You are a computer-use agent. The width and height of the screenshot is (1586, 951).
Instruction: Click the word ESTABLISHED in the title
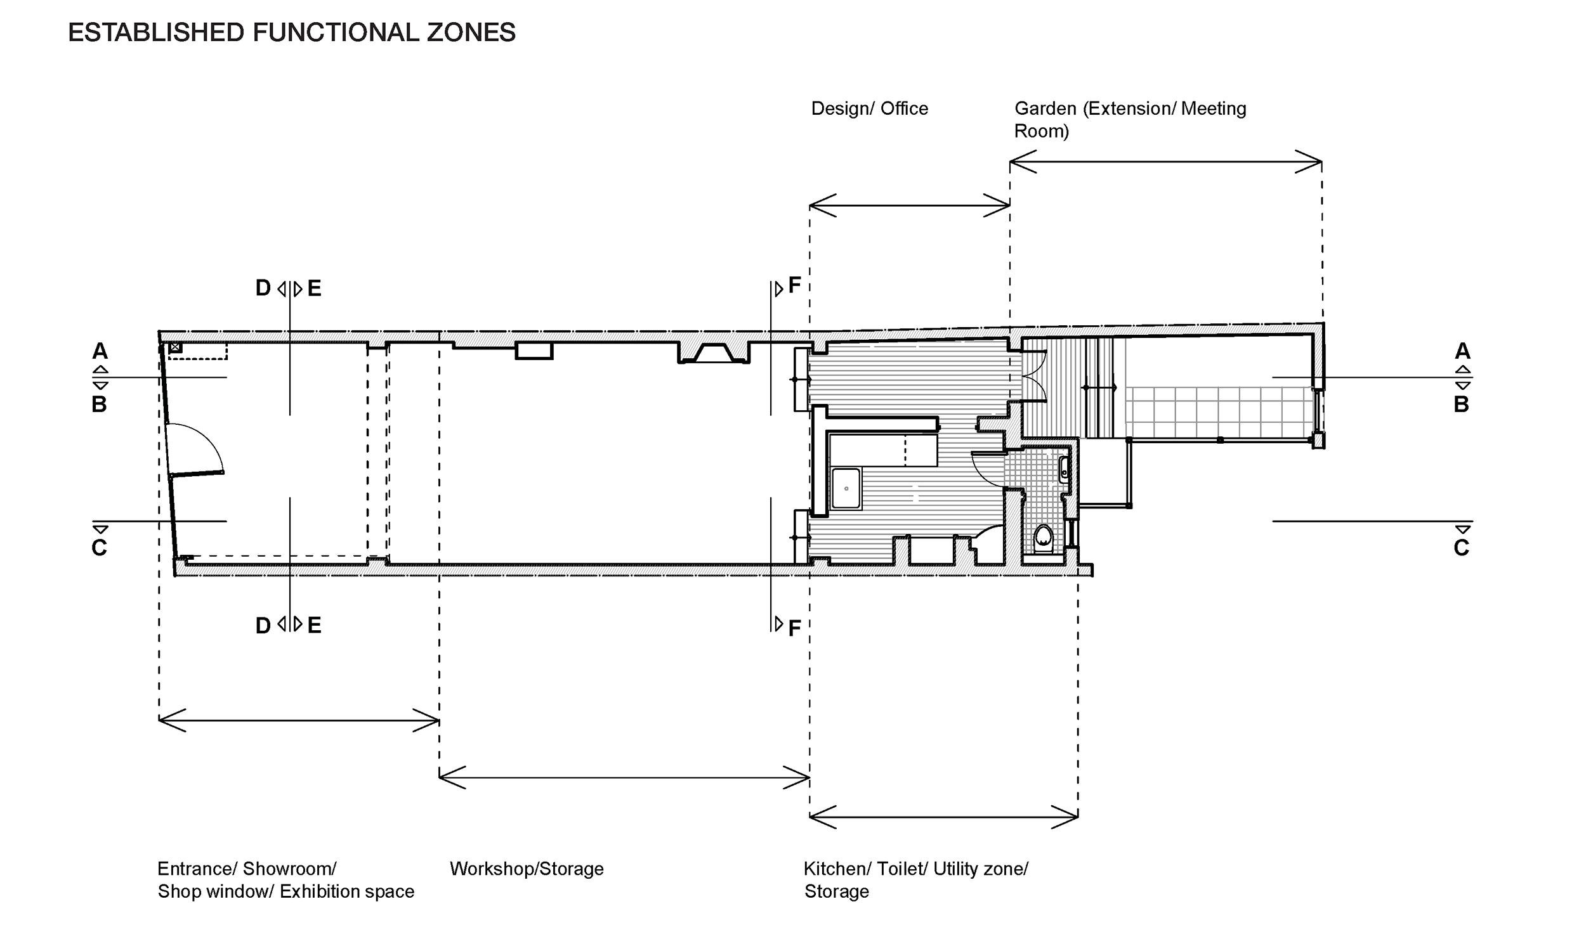coord(157,33)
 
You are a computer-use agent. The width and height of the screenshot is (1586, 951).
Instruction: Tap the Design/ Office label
coord(869,109)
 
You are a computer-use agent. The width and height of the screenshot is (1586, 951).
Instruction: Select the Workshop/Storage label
coord(527,869)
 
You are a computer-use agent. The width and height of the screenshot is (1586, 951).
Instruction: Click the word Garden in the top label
coord(1045,108)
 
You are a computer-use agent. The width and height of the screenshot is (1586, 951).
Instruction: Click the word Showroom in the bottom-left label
coord(289,869)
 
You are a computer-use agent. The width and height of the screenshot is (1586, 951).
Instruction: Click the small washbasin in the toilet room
coord(1064,470)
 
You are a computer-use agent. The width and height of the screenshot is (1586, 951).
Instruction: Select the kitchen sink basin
coord(846,488)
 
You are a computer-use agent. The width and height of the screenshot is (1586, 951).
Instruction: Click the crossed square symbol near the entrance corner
coord(175,347)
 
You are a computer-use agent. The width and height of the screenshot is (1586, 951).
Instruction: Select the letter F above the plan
coord(794,285)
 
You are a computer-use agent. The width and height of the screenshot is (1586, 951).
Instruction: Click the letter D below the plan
coord(263,626)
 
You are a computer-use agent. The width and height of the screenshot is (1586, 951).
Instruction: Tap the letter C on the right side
coord(1461,548)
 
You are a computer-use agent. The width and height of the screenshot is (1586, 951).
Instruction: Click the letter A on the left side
coord(100,351)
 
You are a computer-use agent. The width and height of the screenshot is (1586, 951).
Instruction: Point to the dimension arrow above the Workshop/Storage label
coord(624,778)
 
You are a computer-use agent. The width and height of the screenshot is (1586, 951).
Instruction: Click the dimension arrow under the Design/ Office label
coord(910,205)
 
